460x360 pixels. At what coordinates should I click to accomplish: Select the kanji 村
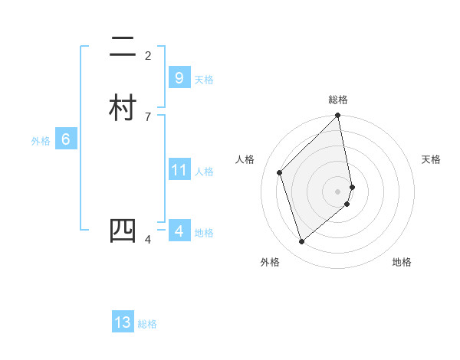(x=123, y=107)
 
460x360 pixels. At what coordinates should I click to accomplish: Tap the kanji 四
(x=123, y=231)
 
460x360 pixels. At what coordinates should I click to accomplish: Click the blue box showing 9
(x=179, y=77)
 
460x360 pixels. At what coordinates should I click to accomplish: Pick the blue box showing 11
(x=179, y=169)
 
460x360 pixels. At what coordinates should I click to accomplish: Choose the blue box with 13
(x=123, y=322)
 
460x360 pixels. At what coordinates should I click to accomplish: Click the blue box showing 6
(x=66, y=139)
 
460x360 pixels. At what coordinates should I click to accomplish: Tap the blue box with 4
(x=179, y=231)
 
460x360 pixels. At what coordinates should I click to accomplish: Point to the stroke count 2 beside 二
(x=148, y=55)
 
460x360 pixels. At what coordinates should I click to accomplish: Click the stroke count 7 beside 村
(x=148, y=116)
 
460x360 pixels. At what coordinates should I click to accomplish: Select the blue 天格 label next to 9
(x=204, y=80)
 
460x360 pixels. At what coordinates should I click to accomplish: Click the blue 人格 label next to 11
(x=204, y=172)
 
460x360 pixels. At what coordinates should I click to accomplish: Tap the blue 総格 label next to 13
(x=147, y=325)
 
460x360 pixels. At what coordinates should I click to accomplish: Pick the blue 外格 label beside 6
(x=40, y=141)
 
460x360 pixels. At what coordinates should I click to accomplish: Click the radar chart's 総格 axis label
(x=338, y=100)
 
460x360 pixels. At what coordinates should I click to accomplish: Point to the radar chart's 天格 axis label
(x=432, y=159)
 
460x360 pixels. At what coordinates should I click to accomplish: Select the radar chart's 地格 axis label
(x=402, y=262)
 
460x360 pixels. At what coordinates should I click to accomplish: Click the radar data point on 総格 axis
(x=338, y=116)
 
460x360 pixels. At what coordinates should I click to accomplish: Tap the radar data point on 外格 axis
(x=302, y=242)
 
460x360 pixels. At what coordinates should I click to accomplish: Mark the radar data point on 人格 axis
(x=280, y=172)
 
